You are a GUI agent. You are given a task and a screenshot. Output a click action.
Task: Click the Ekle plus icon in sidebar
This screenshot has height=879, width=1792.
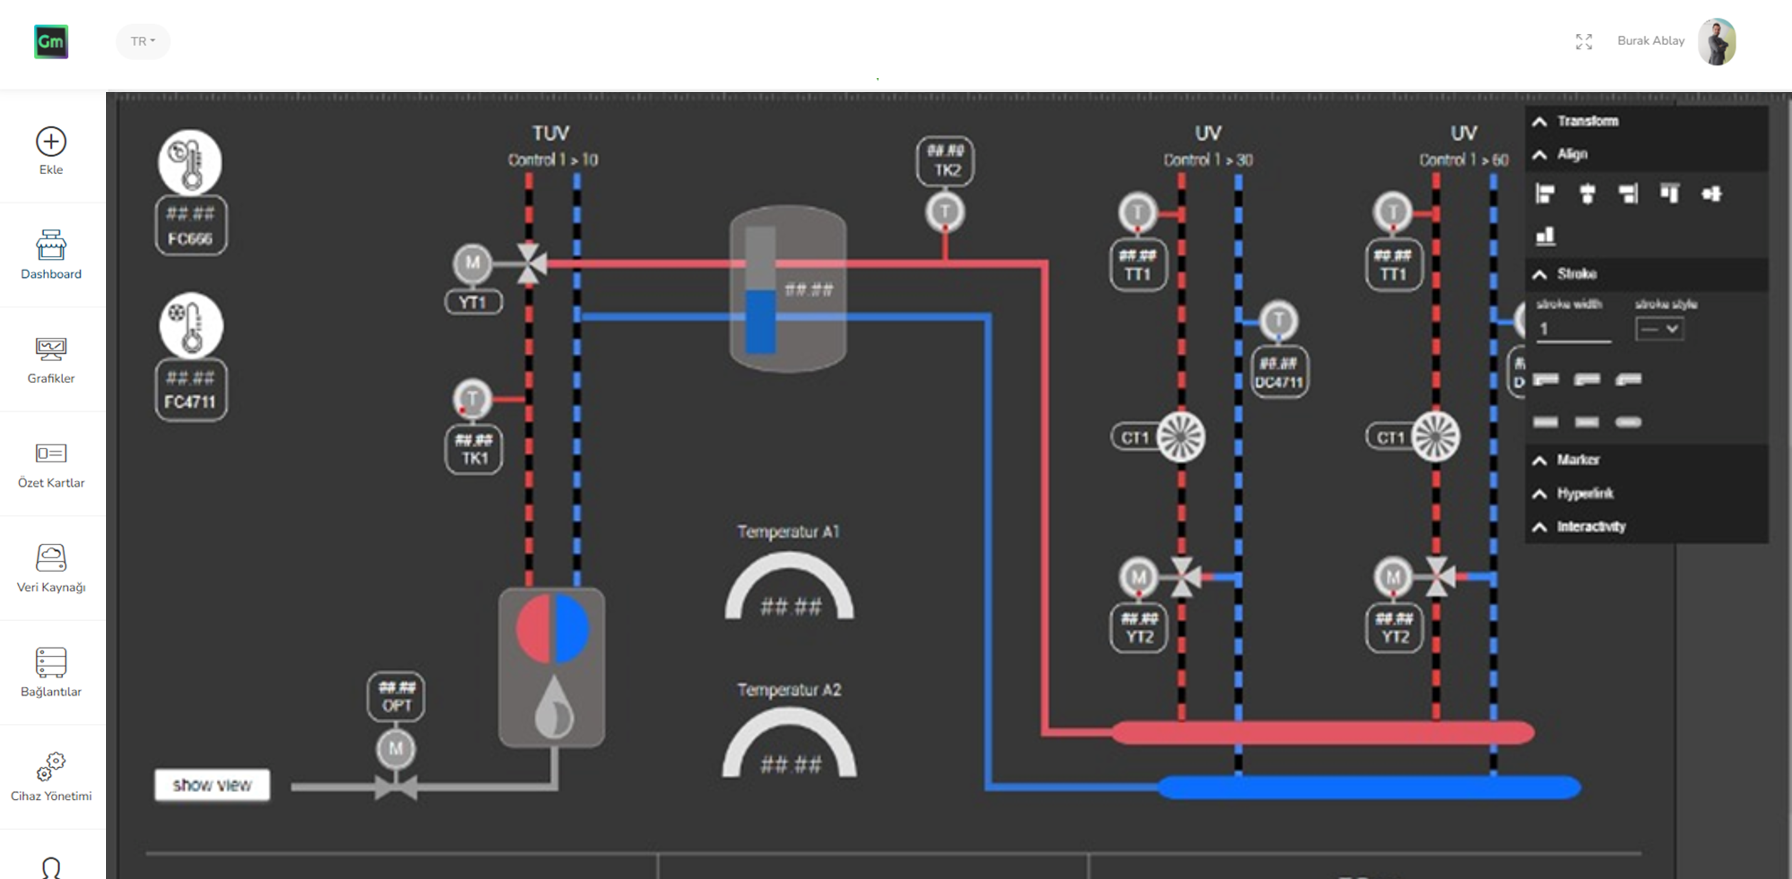click(x=51, y=142)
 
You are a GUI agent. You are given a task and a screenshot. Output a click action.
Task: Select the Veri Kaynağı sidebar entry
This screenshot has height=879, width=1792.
click(x=51, y=568)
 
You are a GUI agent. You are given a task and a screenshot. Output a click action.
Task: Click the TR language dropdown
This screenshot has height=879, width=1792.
click(x=143, y=41)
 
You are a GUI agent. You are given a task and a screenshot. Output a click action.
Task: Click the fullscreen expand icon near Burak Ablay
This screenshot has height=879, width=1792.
click(x=1583, y=42)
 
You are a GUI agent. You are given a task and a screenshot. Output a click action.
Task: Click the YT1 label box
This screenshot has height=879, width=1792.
click(x=473, y=303)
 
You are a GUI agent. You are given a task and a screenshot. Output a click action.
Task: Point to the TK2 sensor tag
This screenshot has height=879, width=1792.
click(x=945, y=161)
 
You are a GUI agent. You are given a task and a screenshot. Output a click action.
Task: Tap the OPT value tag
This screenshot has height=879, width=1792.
click(x=396, y=697)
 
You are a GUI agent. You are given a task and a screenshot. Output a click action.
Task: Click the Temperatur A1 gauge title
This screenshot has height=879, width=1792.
click(x=788, y=532)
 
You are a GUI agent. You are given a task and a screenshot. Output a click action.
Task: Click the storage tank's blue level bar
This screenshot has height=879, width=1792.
click(x=760, y=321)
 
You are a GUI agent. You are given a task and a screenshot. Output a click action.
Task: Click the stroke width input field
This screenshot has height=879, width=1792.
click(x=1573, y=329)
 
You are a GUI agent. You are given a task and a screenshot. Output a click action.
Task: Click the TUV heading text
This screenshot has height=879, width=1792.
click(x=550, y=133)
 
